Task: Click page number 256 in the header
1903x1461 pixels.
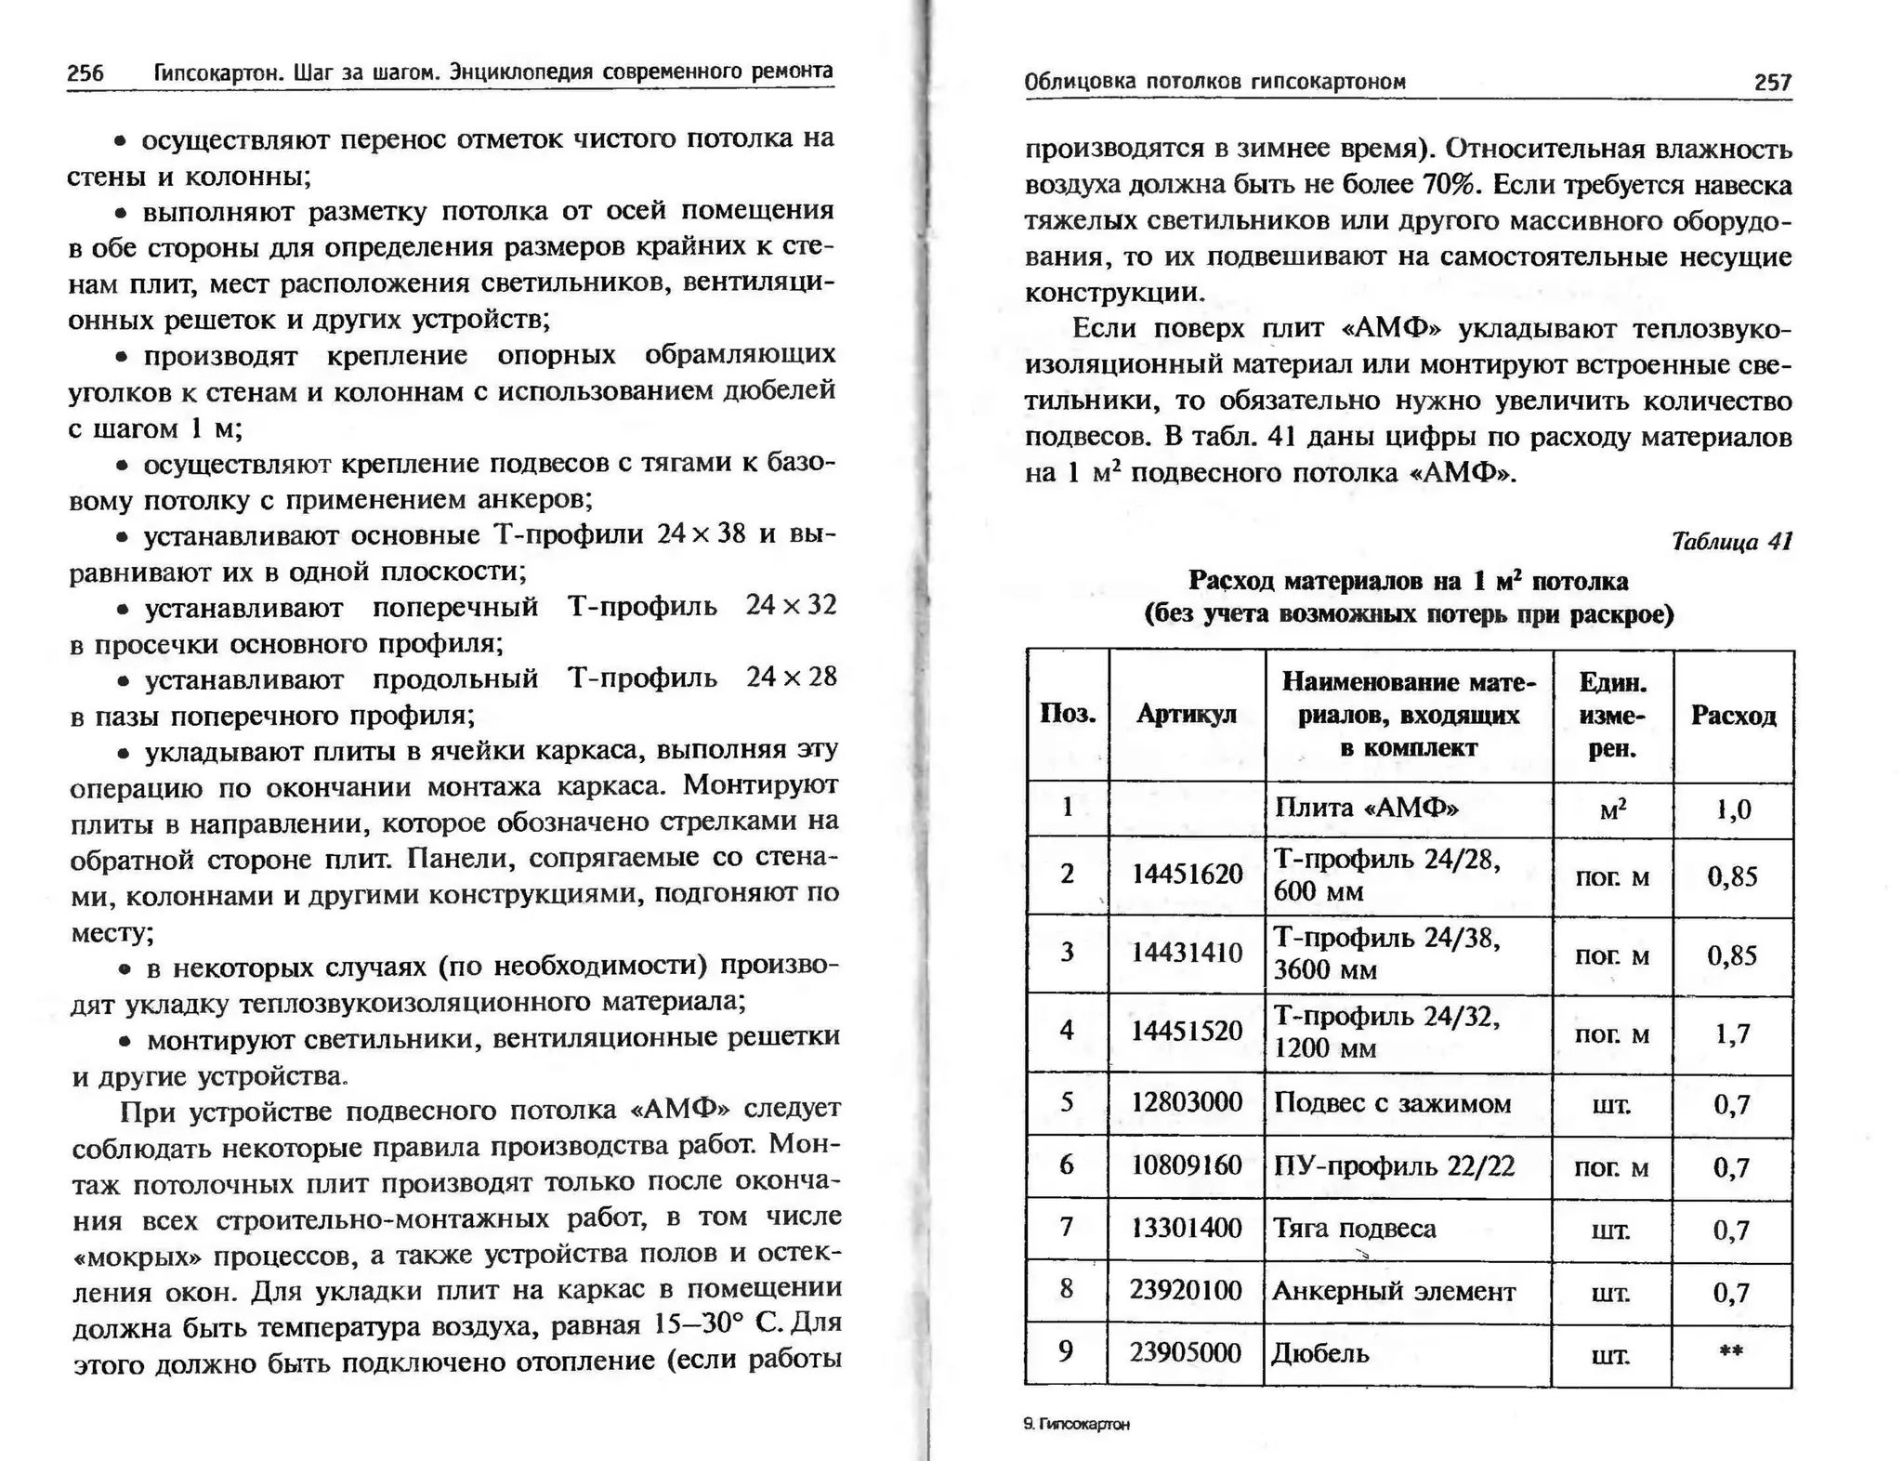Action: coord(85,73)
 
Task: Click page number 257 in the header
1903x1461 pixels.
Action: coord(1772,83)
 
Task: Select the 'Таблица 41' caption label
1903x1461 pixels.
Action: coord(1731,541)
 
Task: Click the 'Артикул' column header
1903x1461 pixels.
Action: coord(1187,714)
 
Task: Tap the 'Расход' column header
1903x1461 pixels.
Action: coord(1733,715)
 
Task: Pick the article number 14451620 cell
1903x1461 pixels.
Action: coord(1187,875)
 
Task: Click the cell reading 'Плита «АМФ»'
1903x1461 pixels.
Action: coord(1366,807)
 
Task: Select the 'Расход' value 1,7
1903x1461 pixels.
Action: coord(1732,1033)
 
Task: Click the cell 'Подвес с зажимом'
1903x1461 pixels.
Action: coord(1391,1103)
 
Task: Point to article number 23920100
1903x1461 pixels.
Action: coord(1186,1291)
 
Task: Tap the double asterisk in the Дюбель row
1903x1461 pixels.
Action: coord(1730,1351)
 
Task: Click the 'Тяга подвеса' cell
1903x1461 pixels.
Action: coord(1355,1229)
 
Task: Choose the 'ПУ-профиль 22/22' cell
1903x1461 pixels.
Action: coord(1393,1165)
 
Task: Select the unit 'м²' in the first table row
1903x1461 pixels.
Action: coord(1612,809)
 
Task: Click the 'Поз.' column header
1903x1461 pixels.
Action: coord(1067,714)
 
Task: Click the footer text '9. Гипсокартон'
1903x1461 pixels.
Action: coord(1076,1424)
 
